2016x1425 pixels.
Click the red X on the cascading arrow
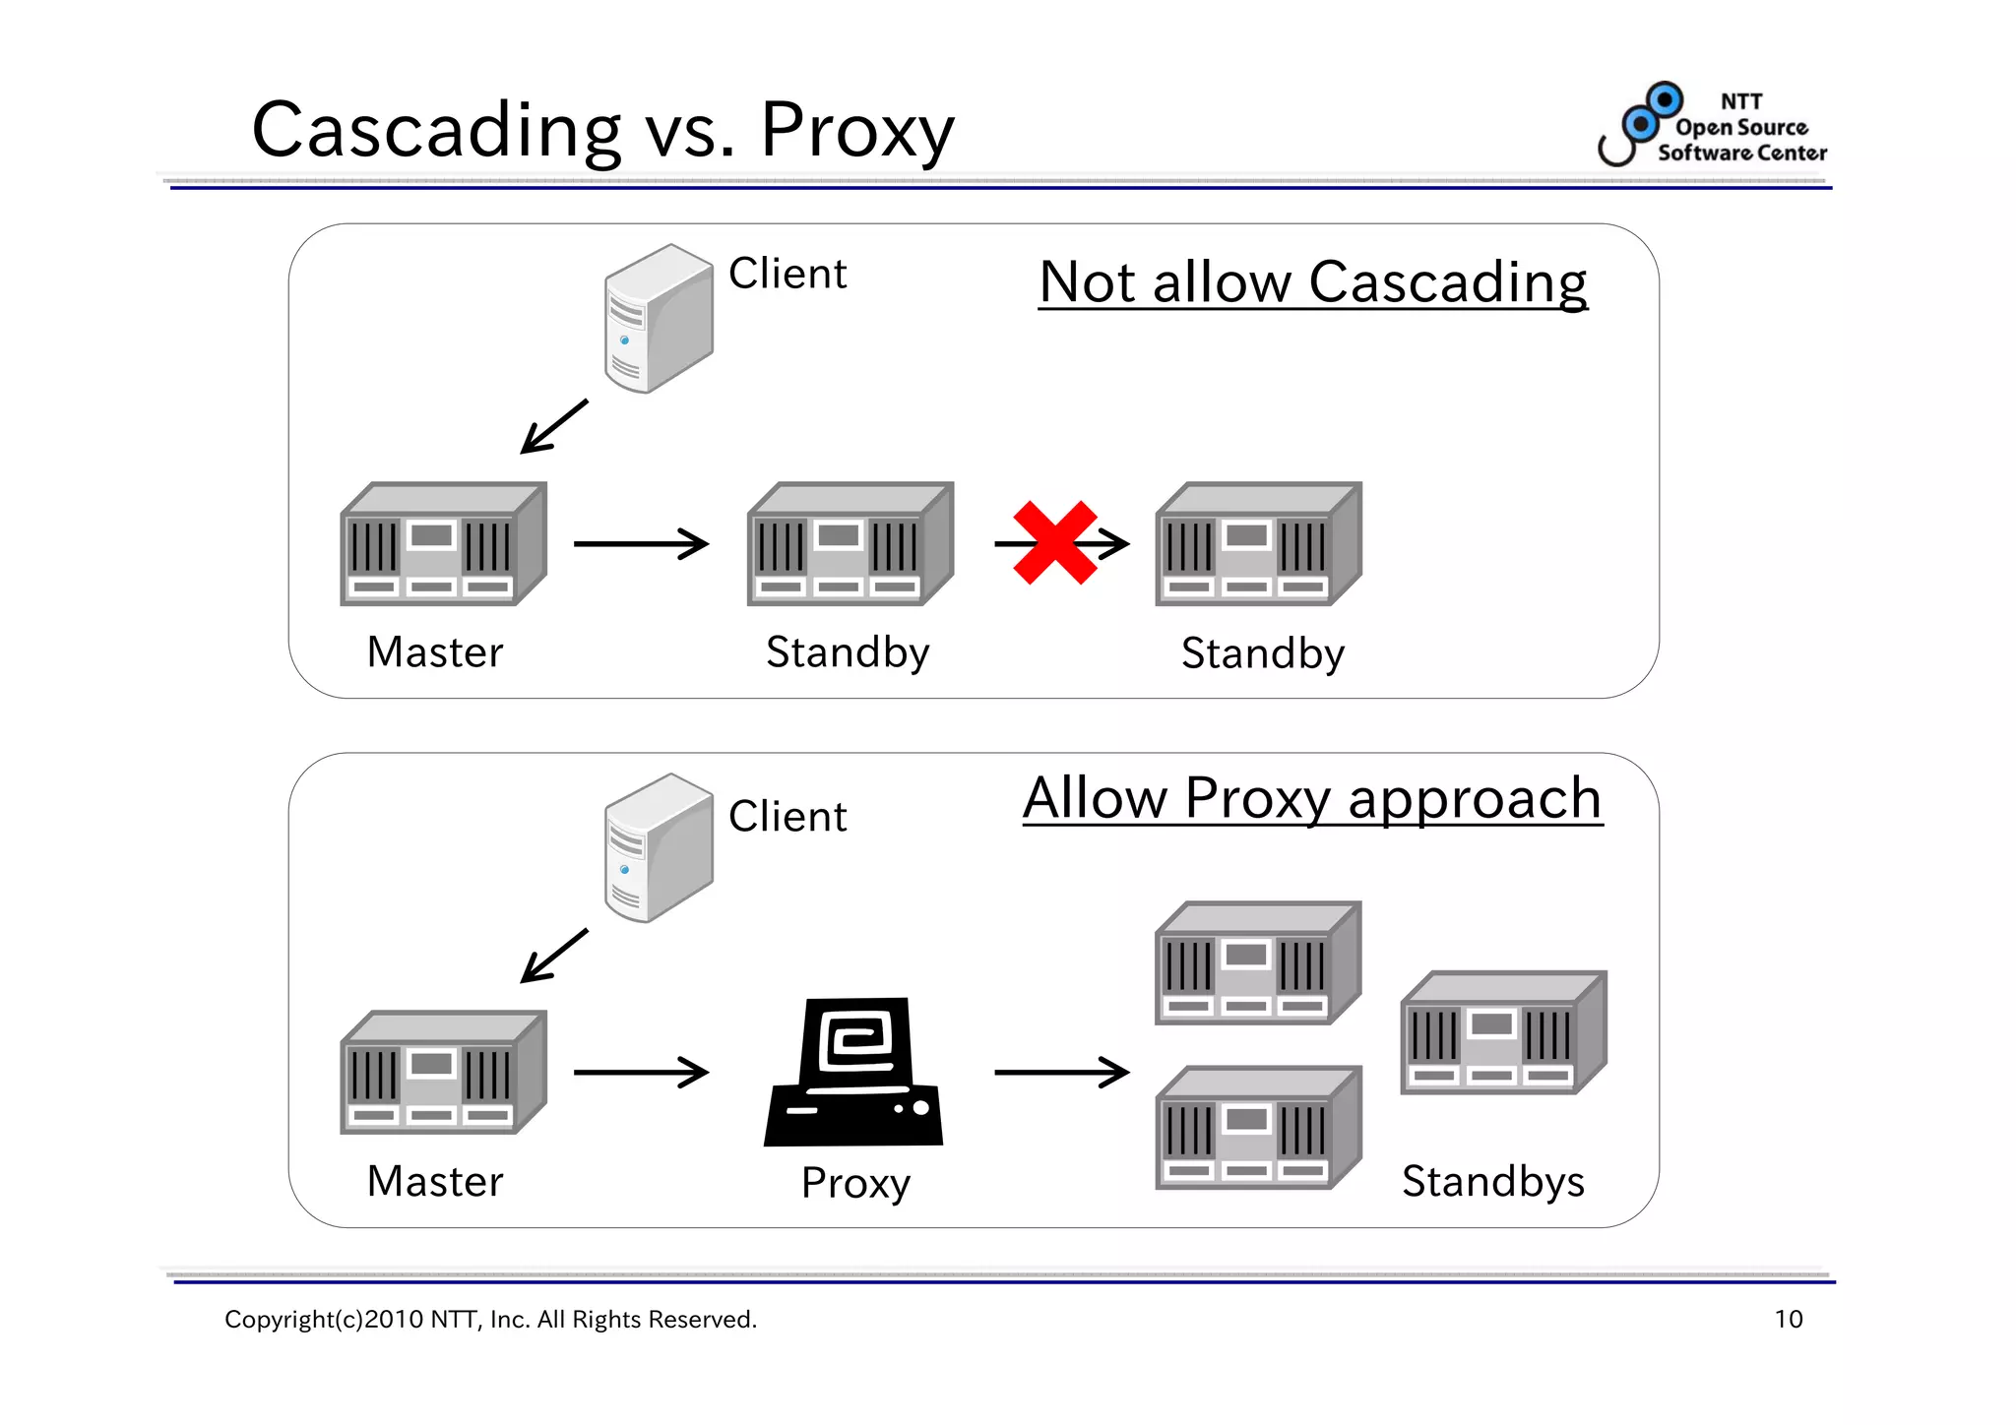1054,542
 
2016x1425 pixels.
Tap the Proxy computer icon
853,1073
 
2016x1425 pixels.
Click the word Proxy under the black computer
855,1182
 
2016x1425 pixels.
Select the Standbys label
1492,1181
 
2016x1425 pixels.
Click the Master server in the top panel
442,544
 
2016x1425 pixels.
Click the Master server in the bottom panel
442,1073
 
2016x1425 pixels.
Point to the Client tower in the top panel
658,319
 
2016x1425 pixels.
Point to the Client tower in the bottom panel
658,848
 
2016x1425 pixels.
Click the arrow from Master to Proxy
641,1072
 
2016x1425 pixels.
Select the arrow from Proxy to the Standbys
1061,1072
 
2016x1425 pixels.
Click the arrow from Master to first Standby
641,543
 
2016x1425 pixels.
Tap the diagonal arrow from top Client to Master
554,426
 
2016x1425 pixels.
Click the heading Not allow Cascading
1312,282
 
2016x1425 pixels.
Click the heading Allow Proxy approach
1312,798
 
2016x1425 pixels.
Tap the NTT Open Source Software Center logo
1712,126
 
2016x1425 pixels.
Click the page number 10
1788,1319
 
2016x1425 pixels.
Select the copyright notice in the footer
490,1319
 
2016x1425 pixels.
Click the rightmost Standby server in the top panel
1257,544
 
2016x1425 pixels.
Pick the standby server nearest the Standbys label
1502,1033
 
